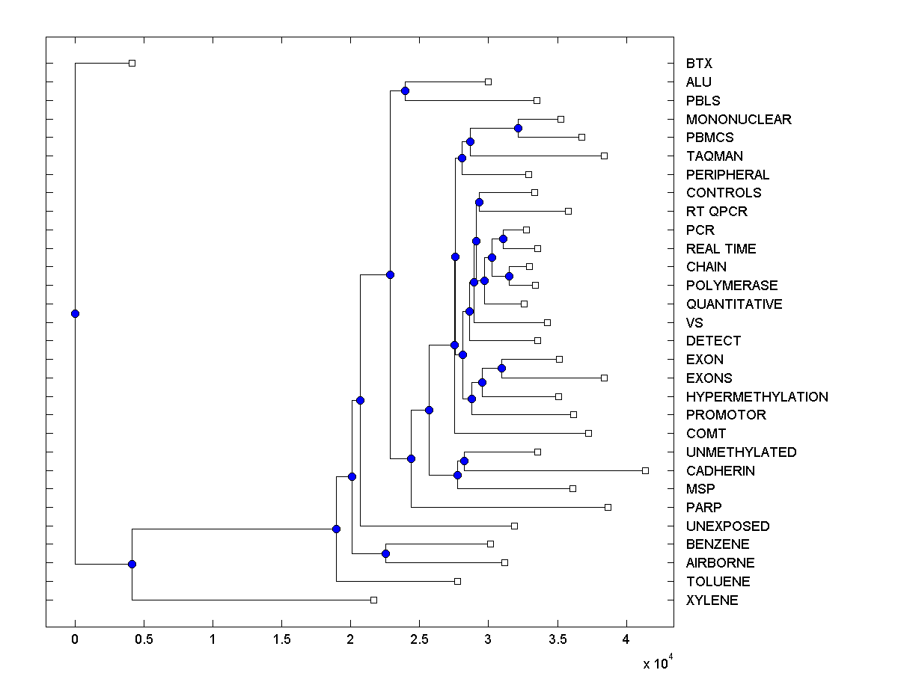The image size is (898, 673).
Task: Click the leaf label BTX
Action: [x=699, y=64]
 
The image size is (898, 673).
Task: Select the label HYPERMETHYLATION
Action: [x=757, y=396]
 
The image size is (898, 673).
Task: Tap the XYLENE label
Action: [x=712, y=600]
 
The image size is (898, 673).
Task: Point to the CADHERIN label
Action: [x=720, y=470]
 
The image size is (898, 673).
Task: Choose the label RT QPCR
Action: [x=716, y=211]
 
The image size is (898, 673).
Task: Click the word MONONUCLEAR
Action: [x=738, y=119]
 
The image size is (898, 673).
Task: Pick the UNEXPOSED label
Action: [x=727, y=526]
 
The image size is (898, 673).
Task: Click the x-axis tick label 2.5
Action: [x=419, y=640]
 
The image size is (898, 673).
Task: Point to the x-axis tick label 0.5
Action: [x=144, y=640]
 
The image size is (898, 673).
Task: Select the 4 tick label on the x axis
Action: [x=626, y=640]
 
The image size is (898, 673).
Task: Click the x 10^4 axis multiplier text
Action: [x=658, y=663]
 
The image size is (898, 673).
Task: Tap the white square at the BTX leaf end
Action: [x=132, y=63]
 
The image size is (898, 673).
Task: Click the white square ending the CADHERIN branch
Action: [x=645, y=470]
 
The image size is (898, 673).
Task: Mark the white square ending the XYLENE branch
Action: [x=373, y=600]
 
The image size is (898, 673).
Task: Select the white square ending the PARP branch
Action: [x=608, y=507]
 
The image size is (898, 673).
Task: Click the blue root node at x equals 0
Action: [x=75, y=313]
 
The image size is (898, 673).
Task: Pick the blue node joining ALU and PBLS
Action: [x=405, y=90]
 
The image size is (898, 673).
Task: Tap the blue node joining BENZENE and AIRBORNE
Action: [x=385, y=553]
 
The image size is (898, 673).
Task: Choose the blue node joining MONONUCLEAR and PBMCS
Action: [x=518, y=129]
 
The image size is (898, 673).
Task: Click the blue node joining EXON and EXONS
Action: [x=501, y=368]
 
